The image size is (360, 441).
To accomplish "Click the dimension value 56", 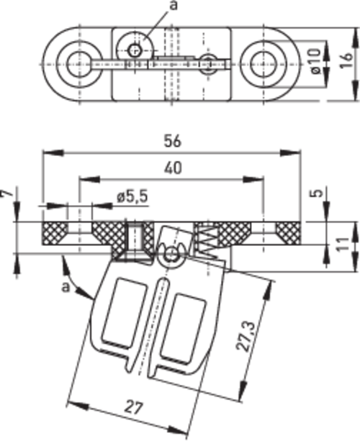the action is pyautogui.click(x=172, y=141).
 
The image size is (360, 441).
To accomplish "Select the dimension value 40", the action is pyautogui.click(x=173, y=168).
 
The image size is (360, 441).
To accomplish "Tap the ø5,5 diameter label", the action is pyautogui.click(x=132, y=196).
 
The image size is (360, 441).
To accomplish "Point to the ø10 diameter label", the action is pyautogui.click(x=316, y=61).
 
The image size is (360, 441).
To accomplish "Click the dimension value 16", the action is pyautogui.click(x=346, y=60).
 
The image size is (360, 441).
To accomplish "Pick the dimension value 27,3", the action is pyautogui.click(x=246, y=337).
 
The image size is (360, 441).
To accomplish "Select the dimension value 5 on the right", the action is pyautogui.click(x=318, y=193).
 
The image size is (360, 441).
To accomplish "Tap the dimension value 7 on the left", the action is pyautogui.click(x=8, y=193).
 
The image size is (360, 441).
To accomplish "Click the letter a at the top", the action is pyautogui.click(x=174, y=5).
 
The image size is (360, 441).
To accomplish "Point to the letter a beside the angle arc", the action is pyautogui.click(x=66, y=287).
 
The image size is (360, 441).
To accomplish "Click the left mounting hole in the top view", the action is pyautogui.click(x=79, y=64).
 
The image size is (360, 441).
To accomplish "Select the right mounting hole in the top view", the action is pyautogui.click(x=264, y=64).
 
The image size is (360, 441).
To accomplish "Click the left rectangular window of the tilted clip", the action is pyautogui.click(x=124, y=313).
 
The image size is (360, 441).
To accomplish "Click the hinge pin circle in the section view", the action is pyautogui.click(x=171, y=254).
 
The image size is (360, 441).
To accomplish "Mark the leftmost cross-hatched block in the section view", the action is pyautogui.click(x=55, y=233).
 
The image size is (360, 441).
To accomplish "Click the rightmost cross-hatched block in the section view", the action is pyautogui.click(x=288, y=233).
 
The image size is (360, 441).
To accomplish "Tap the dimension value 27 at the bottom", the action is pyautogui.click(x=133, y=408).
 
